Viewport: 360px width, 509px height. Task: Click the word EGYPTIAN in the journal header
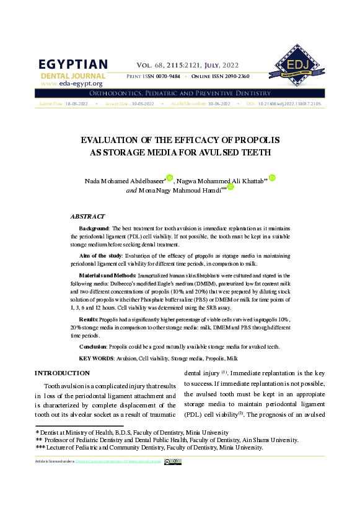tap(73, 65)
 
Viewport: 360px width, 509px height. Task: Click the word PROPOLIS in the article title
tap(254, 140)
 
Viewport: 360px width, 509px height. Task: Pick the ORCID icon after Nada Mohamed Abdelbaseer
tap(169, 178)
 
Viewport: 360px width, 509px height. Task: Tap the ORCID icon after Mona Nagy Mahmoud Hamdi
tap(230, 187)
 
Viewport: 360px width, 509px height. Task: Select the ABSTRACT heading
tap(87, 217)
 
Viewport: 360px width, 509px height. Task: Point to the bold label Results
tap(88, 318)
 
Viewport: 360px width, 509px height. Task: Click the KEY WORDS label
tap(96, 359)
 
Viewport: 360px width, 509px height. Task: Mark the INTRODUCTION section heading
tap(62, 373)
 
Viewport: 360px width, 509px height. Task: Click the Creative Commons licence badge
tap(173, 461)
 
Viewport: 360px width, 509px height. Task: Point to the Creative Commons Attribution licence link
tap(137, 461)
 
